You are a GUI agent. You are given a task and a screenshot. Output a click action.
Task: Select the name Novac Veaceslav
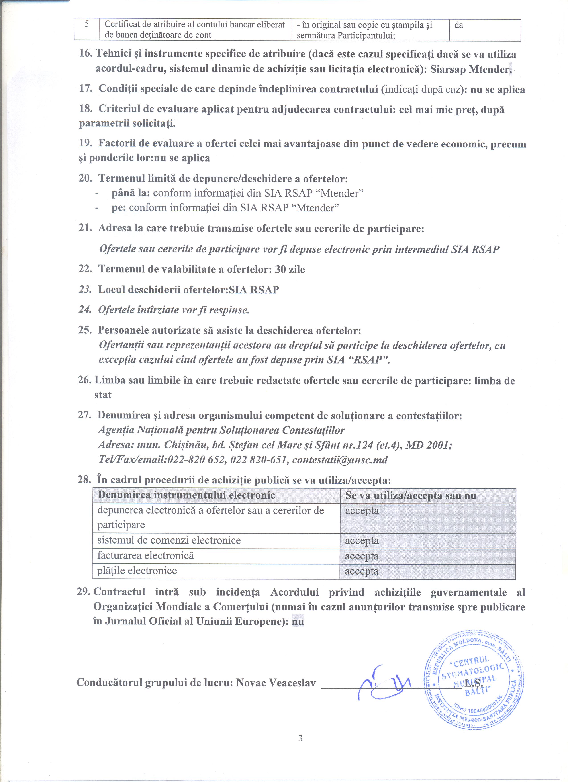276,682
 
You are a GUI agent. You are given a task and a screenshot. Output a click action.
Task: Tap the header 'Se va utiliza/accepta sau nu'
411,496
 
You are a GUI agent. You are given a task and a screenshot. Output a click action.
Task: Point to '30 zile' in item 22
290,269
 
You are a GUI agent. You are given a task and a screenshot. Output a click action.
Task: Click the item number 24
85,310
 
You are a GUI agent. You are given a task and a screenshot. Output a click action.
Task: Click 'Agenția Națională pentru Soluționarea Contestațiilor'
221,430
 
